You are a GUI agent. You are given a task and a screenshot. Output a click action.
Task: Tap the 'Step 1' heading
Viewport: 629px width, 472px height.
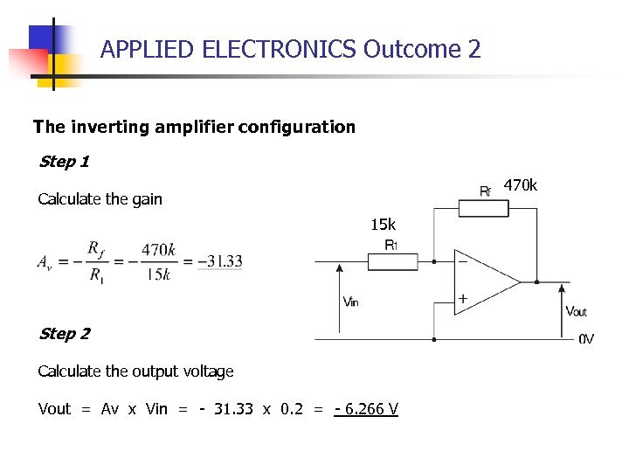pos(64,162)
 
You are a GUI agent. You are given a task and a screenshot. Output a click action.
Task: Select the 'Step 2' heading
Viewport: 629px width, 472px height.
pos(64,334)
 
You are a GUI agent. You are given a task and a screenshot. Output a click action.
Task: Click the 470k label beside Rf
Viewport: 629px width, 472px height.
pos(521,185)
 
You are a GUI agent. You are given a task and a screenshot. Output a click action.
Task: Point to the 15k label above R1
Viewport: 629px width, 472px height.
pos(383,226)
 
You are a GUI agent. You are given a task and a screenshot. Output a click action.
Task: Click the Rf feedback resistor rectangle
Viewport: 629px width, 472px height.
pos(483,207)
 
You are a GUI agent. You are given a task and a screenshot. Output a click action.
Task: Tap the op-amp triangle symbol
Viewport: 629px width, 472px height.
pos(483,281)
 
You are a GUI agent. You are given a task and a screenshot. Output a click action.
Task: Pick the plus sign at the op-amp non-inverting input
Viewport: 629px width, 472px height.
pos(462,300)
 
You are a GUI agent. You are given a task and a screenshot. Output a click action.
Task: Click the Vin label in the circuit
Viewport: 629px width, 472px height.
pos(350,302)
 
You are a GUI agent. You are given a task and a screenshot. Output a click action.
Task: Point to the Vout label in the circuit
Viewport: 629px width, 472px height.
pos(576,311)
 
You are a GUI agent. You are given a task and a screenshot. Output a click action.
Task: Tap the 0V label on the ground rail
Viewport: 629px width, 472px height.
pos(586,339)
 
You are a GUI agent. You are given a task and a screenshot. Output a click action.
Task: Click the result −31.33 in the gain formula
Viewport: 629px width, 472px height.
pos(220,261)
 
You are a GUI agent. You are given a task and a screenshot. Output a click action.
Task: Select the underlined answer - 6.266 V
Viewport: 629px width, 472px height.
pos(366,409)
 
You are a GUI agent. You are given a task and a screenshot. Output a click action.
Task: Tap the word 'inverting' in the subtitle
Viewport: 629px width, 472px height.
pos(118,127)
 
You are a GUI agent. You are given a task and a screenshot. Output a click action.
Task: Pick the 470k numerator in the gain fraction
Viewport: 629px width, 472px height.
pos(158,250)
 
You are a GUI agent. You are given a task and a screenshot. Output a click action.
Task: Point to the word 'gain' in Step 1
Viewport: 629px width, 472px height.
pos(147,199)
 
